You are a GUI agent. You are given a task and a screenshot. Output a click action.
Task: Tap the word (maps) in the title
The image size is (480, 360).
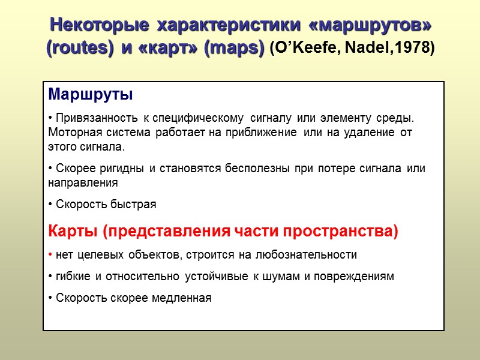[234, 48]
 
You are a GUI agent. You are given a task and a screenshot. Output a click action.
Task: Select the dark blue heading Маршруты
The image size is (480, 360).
[90, 95]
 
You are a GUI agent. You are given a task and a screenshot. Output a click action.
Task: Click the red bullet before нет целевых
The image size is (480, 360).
[50, 255]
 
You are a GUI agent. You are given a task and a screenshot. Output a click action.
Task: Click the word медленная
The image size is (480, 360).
[183, 298]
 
